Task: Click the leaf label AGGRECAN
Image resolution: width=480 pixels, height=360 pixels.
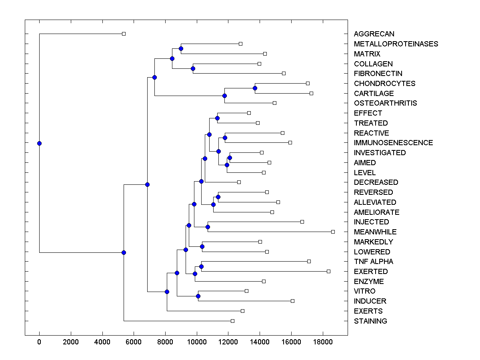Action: pyautogui.click(x=374, y=34)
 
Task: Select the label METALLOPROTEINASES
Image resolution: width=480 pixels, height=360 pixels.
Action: pyautogui.click(x=396, y=44)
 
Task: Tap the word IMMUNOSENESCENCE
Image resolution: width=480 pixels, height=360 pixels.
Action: pyautogui.click(x=393, y=143)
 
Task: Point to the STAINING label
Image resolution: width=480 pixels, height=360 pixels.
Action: pyautogui.click(x=370, y=321)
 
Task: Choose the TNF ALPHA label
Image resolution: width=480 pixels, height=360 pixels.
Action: pyautogui.click(x=373, y=262)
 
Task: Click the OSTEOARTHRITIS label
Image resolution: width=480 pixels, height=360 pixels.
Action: pyautogui.click(x=385, y=103)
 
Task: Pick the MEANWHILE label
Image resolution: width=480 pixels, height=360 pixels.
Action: pyautogui.click(x=375, y=232)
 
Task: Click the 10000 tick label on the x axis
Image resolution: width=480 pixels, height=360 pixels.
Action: pyautogui.click(x=197, y=342)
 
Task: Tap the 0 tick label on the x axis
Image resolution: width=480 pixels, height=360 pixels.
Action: pyautogui.click(x=39, y=342)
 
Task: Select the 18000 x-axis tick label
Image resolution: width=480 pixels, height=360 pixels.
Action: pyautogui.click(x=323, y=342)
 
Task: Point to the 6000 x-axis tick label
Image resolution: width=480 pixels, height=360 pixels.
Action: pyautogui.click(x=134, y=342)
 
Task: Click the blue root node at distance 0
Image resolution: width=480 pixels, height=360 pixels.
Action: pyautogui.click(x=39, y=143)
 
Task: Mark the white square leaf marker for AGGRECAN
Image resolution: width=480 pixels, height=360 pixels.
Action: pyautogui.click(x=124, y=34)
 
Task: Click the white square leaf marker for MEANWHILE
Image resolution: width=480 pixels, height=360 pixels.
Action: pyautogui.click(x=333, y=232)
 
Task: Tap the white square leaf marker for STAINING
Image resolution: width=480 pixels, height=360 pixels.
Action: pyautogui.click(x=232, y=321)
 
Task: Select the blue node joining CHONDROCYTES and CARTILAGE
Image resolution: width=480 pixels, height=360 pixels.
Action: pyautogui.click(x=255, y=88)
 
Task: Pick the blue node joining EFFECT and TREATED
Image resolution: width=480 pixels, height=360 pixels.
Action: pyautogui.click(x=217, y=118)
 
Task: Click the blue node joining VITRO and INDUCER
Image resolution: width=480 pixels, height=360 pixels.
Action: pyautogui.click(x=198, y=296)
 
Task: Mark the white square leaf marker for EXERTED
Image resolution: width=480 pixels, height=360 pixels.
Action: pyautogui.click(x=328, y=271)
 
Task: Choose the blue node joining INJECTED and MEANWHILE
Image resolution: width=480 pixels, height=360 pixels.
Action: pyautogui.click(x=208, y=227)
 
